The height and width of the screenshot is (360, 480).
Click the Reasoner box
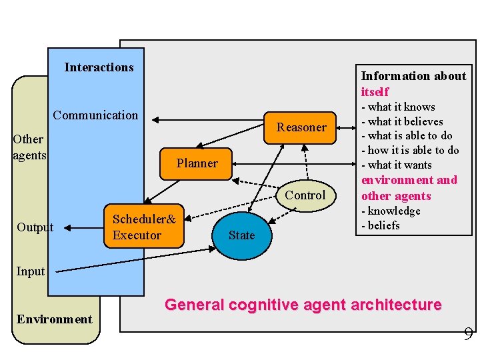(301, 127)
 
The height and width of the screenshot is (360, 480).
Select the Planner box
(197, 163)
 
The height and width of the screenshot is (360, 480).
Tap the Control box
(305, 195)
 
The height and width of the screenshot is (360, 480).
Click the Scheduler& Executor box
(144, 227)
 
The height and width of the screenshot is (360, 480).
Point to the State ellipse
(241, 235)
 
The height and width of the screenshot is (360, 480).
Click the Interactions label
(99, 67)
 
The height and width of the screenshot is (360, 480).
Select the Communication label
(95, 115)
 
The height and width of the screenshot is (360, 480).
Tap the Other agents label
(29, 147)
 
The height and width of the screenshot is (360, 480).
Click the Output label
(35, 227)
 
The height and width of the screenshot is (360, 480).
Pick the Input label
(30, 271)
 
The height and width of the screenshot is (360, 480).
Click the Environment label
(55, 319)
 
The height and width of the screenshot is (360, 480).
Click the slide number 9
(468, 334)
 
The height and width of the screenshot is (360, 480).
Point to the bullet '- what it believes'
(402, 121)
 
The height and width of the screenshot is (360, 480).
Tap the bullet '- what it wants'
(397, 165)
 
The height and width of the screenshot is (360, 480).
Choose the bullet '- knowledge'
(391, 211)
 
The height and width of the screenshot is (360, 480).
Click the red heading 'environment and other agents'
(409, 188)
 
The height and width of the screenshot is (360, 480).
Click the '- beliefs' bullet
(381, 226)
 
